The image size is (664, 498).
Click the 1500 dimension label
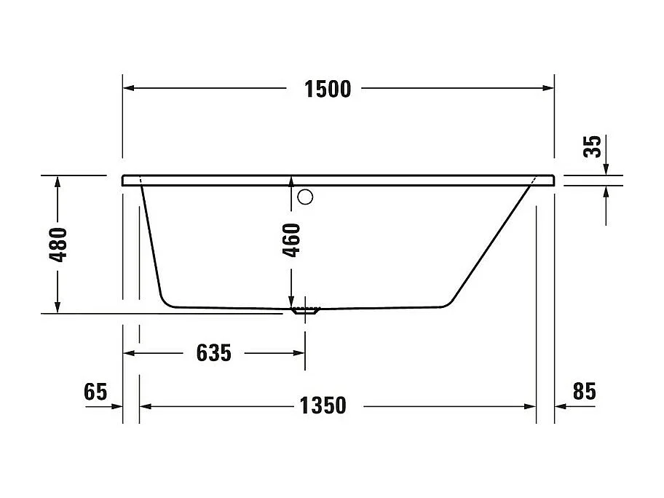[x=327, y=89]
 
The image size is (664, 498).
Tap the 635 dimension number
[x=214, y=353]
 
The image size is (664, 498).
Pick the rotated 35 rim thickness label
[x=593, y=146]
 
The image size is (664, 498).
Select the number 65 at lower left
[x=95, y=392]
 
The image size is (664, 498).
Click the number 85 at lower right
[x=584, y=392]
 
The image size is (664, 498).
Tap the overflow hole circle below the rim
[x=306, y=196]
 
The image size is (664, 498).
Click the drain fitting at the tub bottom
[x=306, y=310]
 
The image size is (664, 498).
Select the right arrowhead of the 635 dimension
[x=299, y=353]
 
